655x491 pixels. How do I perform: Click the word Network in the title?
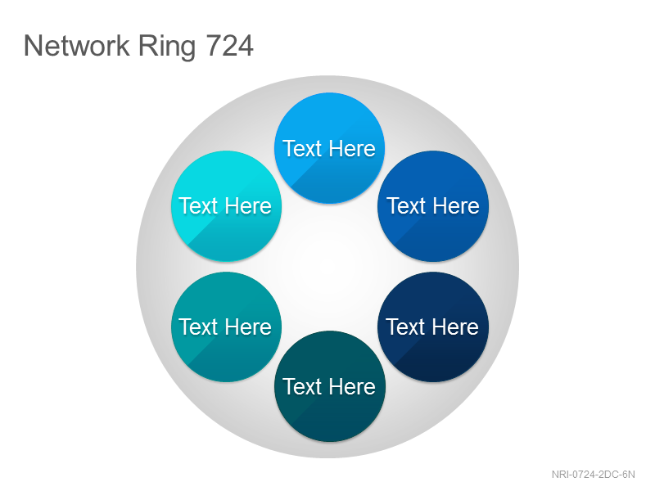(x=76, y=45)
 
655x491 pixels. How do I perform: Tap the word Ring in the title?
(x=167, y=47)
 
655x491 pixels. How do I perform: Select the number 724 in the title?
(x=229, y=45)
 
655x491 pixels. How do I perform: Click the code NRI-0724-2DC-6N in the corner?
(x=593, y=475)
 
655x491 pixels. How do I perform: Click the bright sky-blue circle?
(x=329, y=148)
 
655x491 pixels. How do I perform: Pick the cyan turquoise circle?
(x=226, y=206)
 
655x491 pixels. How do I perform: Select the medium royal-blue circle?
(x=433, y=206)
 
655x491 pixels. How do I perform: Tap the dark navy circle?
(x=433, y=327)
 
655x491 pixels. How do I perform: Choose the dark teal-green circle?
(x=329, y=386)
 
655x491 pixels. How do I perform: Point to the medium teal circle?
(x=226, y=327)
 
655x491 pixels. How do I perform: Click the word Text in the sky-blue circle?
(x=302, y=149)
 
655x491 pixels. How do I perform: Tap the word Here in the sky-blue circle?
(x=352, y=149)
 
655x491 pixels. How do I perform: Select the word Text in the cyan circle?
(x=199, y=206)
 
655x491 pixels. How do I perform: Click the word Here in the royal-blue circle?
(x=455, y=206)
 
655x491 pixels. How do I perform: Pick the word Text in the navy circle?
(x=405, y=327)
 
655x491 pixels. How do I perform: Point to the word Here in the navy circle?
(x=455, y=327)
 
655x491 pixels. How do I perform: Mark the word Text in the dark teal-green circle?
(x=302, y=386)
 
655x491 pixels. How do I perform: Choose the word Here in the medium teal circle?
(x=248, y=327)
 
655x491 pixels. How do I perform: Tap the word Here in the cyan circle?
(x=248, y=206)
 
